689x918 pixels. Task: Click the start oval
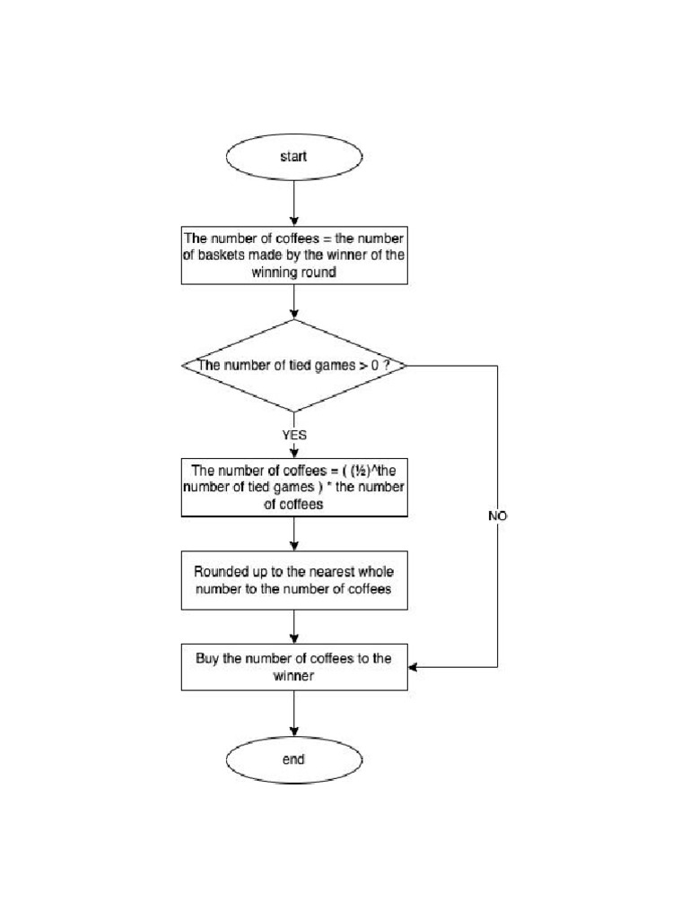(x=293, y=157)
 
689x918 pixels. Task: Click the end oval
(x=293, y=760)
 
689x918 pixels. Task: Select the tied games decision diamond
(x=293, y=366)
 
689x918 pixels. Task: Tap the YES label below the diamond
(x=294, y=434)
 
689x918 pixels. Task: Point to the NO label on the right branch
(x=497, y=516)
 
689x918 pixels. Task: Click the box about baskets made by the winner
(x=294, y=255)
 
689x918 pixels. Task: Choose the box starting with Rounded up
(x=294, y=580)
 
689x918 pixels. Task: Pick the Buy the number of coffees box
(x=294, y=667)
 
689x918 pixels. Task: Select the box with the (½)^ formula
(x=294, y=488)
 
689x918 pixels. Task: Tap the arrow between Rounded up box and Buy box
(x=294, y=627)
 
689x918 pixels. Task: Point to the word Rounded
(x=222, y=571)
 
